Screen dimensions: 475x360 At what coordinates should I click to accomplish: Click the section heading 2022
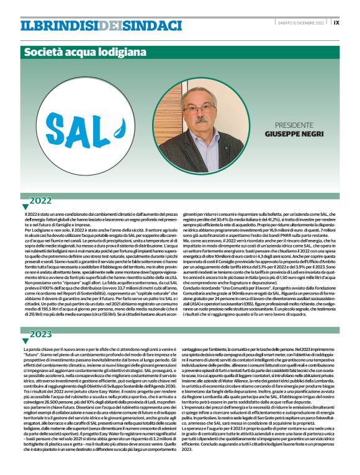coord(41,200)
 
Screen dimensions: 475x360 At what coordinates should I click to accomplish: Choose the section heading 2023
coord(41,334)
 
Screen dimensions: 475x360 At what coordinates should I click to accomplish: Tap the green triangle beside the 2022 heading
coord(25,206)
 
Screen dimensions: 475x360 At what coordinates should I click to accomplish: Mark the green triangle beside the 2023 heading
coord(25,340)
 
